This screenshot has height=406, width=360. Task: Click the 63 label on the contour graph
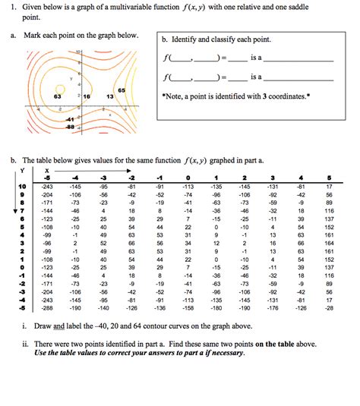click(x=58, y=97)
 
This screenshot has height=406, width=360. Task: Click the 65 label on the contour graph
click(x=121, y=90)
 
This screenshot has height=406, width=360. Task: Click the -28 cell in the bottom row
click(x=329, y=309)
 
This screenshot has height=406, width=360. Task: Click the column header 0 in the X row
click(x=187, y=178)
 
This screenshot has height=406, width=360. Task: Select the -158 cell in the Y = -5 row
click(x=187, y=309)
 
